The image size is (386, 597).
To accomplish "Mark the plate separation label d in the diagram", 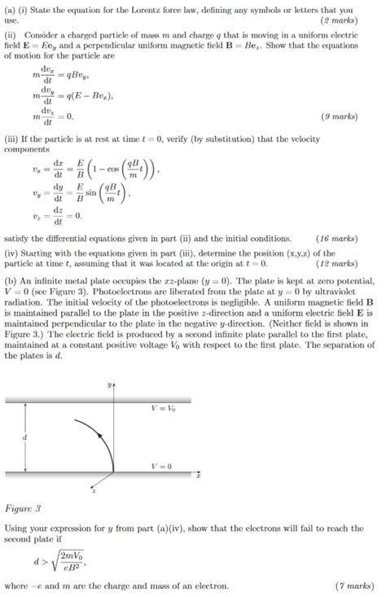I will pos(24,437).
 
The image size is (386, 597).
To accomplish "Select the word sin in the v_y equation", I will pos(93,196).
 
